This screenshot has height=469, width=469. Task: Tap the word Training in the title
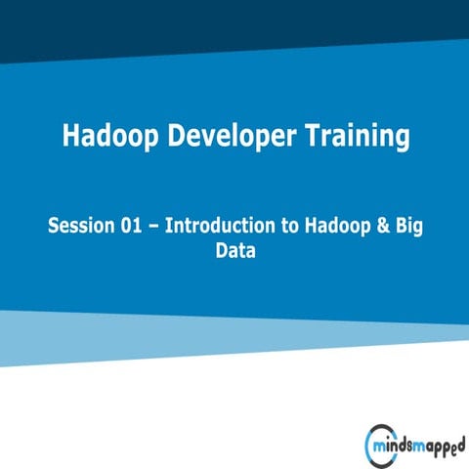point(354,137)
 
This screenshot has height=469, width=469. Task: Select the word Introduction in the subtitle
point(218,226)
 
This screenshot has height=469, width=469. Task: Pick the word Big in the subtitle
point(407,226)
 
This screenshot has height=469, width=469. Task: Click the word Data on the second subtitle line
point(234,252)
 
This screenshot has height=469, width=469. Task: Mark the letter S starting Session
point(55,226)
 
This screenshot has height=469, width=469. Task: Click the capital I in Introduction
point(168,226)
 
